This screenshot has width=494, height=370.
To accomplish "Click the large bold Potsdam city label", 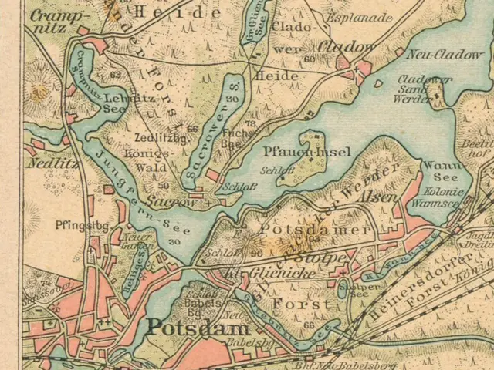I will tap(184, 325).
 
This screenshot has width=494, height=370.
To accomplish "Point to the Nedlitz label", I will tap(42, 163).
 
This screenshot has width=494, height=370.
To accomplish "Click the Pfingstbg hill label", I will tap(72, 227).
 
